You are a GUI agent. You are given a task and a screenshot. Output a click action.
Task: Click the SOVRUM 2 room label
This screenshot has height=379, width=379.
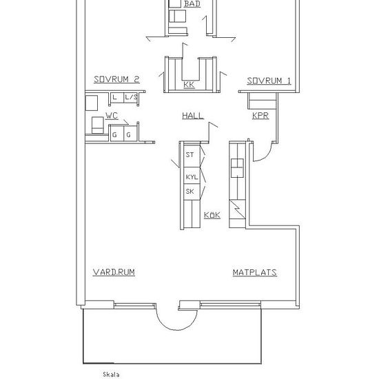[116, 79]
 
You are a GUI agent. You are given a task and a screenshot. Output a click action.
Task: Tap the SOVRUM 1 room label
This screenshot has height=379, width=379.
[269, 81]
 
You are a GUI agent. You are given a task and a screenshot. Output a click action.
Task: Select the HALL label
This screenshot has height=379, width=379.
[193, 116]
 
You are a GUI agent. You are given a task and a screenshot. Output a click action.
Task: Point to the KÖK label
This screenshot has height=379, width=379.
[212, 215]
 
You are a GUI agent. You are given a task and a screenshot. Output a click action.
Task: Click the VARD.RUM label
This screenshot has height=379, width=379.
[114, 272]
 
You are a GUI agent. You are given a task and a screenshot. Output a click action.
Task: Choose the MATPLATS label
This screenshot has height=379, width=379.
[254, 272]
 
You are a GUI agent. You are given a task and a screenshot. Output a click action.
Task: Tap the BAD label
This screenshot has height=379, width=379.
[192, 4]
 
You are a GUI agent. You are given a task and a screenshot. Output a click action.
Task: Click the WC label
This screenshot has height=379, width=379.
[112, 116]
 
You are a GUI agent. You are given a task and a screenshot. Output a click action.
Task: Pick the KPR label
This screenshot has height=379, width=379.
[260, 116]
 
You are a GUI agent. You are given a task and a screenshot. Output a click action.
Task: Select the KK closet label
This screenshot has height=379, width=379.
[189, 85]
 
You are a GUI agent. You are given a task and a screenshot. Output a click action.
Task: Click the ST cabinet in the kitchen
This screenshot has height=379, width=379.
[192, 155]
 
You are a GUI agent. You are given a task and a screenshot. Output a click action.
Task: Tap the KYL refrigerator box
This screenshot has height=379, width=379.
[192, 176]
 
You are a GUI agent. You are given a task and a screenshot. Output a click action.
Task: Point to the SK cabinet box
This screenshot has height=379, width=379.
[192, 192]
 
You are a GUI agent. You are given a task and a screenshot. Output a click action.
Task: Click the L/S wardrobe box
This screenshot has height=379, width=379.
[131, 97]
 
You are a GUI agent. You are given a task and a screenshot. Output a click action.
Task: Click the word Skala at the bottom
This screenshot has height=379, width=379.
[111, 375]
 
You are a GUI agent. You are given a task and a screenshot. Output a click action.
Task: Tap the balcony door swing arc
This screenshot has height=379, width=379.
[177, 330]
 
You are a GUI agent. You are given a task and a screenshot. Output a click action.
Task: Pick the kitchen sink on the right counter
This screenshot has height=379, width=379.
[237, 168]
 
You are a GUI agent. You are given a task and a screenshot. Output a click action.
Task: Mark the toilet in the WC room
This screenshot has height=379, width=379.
[97, 125]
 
